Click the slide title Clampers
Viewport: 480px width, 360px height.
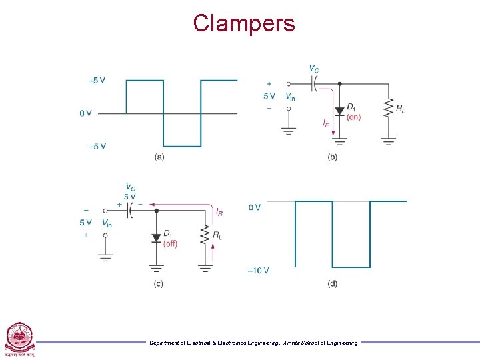click(x=243, y=23)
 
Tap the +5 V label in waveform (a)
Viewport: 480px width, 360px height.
click(x=97, y=81)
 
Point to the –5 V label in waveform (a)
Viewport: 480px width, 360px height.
click(x=97, y=146)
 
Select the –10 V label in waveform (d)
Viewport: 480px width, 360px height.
click(x=258, y=270)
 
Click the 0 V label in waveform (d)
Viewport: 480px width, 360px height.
click(x=255, y=207)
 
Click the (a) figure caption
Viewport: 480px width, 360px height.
click(x=159, y=157)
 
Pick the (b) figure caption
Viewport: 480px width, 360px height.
click(x=332, y=157)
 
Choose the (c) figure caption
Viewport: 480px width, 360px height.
click(x=159, y=283)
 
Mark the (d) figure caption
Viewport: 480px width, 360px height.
click(x=332, y=283)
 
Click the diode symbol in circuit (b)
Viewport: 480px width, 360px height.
click(x=339, y=111)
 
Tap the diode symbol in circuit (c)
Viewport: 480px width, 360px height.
click(x=157, y=237)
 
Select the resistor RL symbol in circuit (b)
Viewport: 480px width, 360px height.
click(x=389, y=109)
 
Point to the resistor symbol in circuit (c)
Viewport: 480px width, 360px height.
click(x=205, y=235)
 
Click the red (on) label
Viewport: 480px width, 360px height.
click(x=354, y=117)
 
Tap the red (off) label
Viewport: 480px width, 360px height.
click(x=171, y=243)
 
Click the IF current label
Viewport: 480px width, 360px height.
click(x=325, y=123)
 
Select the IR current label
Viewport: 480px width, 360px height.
click(x=219, y=211)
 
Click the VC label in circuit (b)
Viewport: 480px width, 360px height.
click(x=313, y=69)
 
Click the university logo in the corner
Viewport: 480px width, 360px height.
click(x=19, y=339)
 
